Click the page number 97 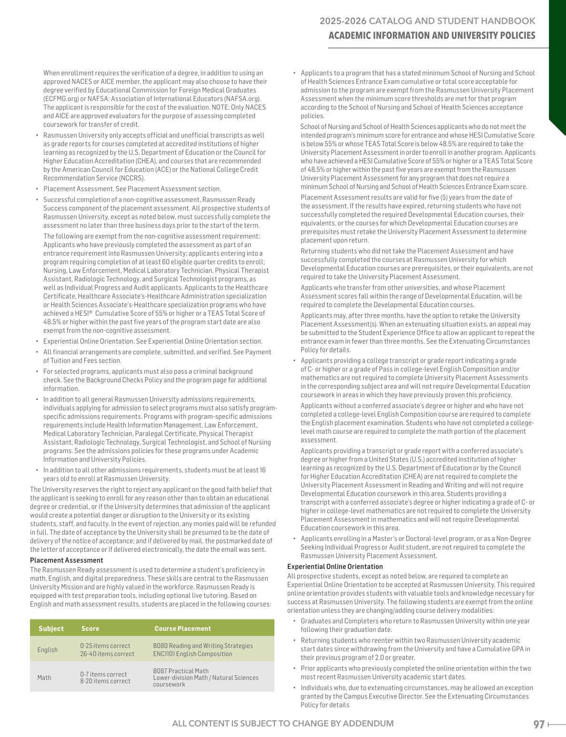(539, 724)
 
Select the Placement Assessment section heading (66, 560)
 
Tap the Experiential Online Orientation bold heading (334, 567)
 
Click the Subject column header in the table (51, 628)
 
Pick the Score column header (90, 628)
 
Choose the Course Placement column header (182, 628)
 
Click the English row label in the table (47, 650)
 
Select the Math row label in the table (44, 677)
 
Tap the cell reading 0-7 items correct (103, 674)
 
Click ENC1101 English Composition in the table (192, 654)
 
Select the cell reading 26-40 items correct (107, 654)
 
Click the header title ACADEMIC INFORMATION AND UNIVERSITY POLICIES (432, 36)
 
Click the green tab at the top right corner (557, 57)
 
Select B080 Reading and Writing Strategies (203, 646)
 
